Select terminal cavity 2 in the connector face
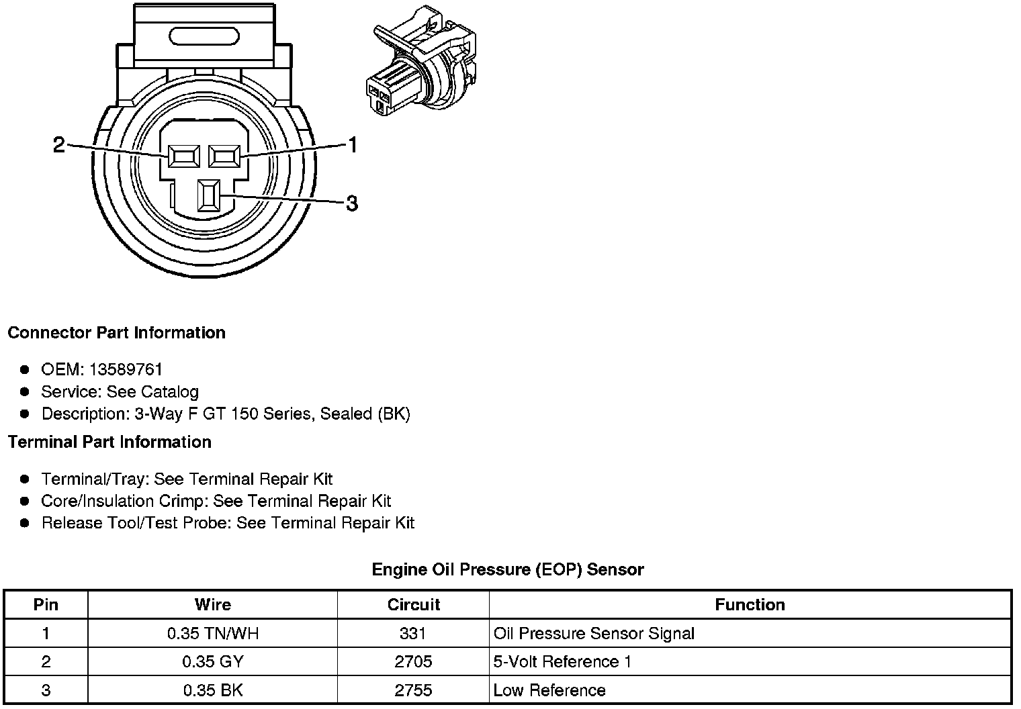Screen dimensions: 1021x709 pos(184,156)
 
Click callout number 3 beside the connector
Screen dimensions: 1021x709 pos(351,203)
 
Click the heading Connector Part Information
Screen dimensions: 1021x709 pos(116,333)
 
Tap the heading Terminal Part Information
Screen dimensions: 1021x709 pos(109,442)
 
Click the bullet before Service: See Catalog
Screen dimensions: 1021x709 pos(25,392)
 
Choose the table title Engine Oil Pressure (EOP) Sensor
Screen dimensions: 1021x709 pos(508,570)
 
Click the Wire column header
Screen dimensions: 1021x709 pos(213,605)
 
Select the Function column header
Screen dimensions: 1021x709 pos(750,605)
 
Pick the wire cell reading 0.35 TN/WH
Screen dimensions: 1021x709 pos(213,633)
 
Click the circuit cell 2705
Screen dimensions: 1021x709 pos(413,662)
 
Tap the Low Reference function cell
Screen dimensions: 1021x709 pos(549,690)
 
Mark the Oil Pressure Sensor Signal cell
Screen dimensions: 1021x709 pos(594,633)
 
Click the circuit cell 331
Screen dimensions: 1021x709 pos(413,633)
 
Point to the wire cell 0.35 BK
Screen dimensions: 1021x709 pos(213,690)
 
